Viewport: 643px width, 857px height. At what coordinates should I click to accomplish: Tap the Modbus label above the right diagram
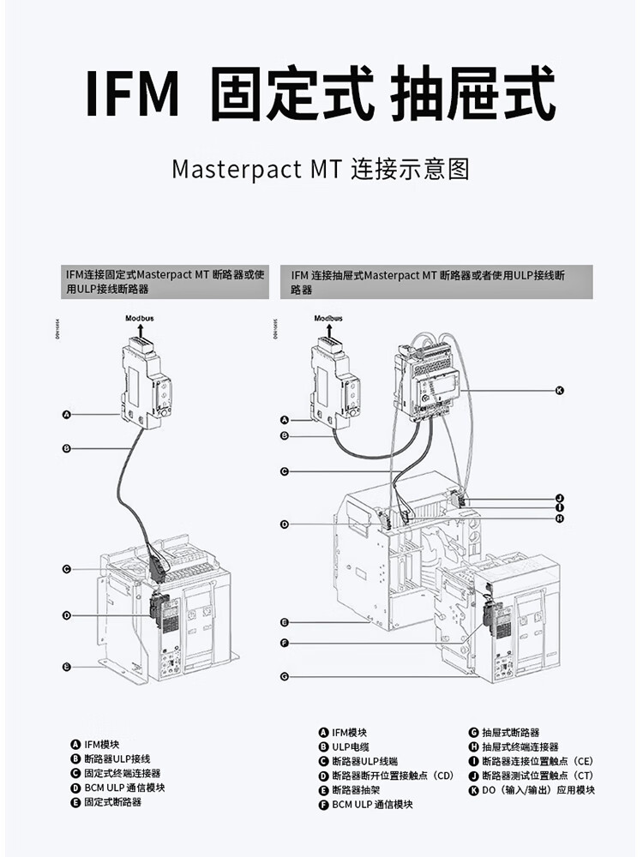tap(328, 318)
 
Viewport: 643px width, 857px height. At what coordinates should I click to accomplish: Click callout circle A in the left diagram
tap(66, 415)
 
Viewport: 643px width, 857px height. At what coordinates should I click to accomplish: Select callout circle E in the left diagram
tap(66, 666)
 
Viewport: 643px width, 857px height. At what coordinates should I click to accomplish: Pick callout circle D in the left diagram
tap(66, 615)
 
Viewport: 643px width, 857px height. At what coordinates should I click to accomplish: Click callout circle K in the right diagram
tap(559, 391)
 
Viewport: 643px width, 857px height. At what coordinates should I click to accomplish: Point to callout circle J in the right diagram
tap(559, 498)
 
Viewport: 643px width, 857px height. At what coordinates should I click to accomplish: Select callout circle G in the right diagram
tap(284, 676)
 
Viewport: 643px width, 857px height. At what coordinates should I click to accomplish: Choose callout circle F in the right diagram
tap(284, 643)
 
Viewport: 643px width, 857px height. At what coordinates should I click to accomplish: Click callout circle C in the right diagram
tap(284, 471)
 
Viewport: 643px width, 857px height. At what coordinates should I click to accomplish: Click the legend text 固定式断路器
tap(112, 802)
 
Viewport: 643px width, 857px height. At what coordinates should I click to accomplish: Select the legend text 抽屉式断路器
tap(510, 733)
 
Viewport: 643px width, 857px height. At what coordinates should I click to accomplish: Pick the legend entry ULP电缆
tap(351, 747)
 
